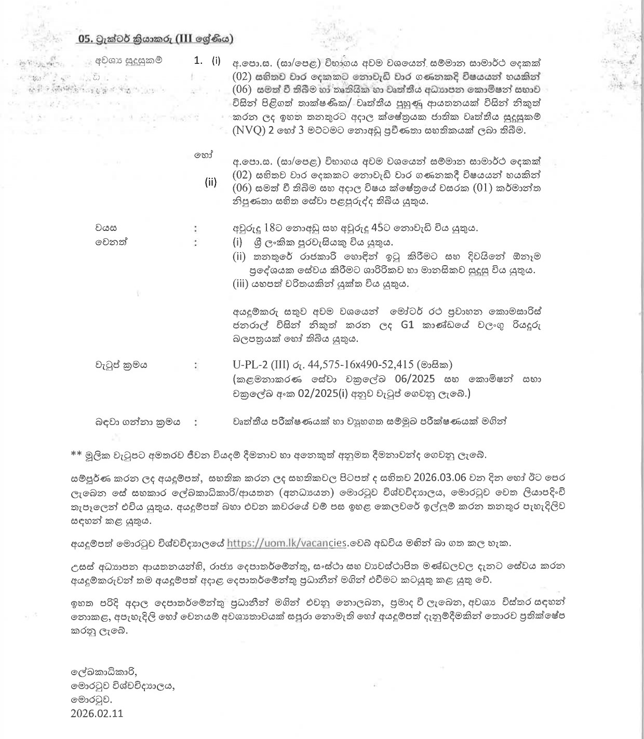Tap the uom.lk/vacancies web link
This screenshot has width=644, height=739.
coord(287,543)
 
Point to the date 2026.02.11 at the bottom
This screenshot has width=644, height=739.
coord(97,713)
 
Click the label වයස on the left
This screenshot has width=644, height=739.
coord(105,228)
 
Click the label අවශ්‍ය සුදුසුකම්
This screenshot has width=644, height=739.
coord(128,60)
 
